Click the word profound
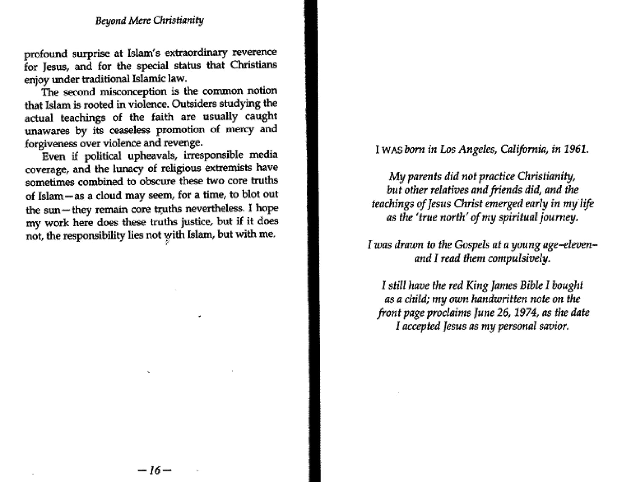click(46, 54)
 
